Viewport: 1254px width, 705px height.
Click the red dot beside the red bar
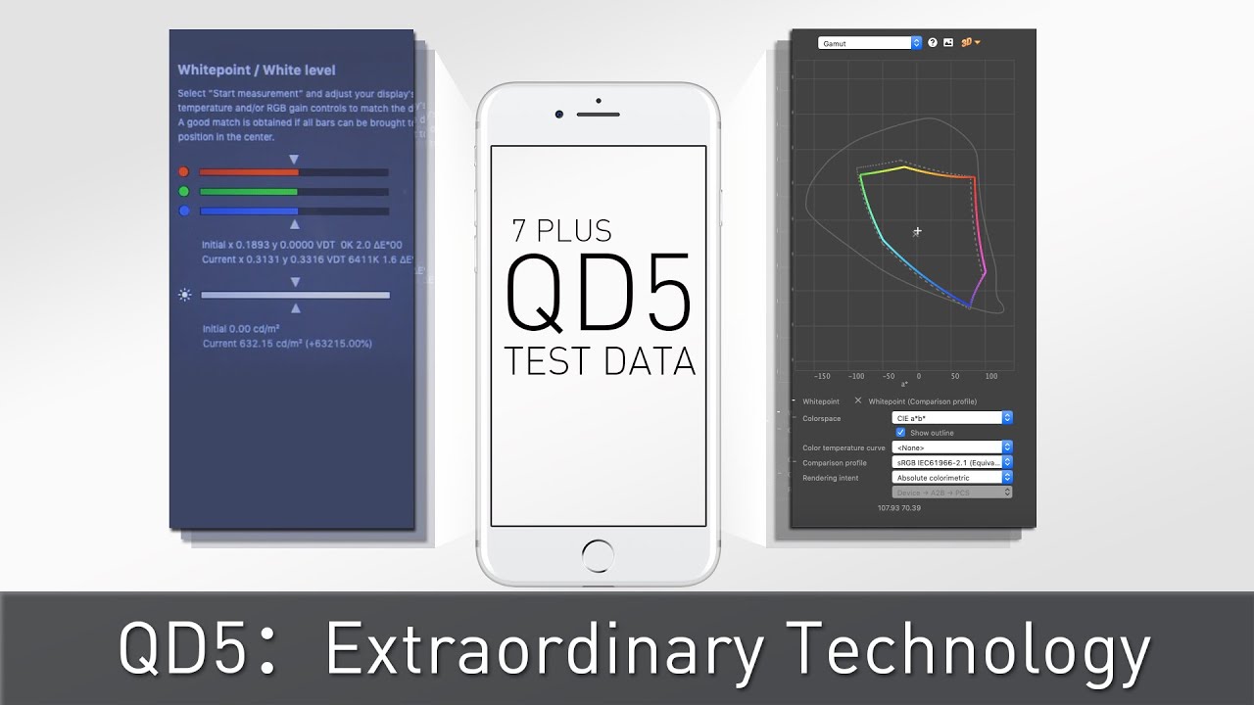[183, 172]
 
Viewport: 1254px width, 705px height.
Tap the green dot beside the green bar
[183, 192]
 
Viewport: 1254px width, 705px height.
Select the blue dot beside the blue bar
[183, 211]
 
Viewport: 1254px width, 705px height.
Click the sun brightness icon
[184, 295]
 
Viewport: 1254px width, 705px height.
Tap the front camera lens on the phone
[558, 115]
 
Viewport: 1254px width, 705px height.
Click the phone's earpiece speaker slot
[598, 115]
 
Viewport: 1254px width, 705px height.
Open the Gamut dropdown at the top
[870, 43]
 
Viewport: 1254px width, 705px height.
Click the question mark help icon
[933, 43]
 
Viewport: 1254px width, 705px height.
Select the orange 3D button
[970, 43]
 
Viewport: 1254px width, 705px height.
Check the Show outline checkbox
[900, 432]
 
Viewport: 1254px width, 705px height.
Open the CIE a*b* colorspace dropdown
[953, 418]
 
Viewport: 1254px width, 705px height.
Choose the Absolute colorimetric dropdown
[953, 478]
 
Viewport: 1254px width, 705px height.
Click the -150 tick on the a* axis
[822, 376]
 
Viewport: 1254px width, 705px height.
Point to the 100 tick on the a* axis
[991, 376]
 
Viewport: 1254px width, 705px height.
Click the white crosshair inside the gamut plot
[917, 232]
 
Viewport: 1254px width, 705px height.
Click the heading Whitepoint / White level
[257, 70]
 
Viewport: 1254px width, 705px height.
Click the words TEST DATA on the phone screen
[600, 361]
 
